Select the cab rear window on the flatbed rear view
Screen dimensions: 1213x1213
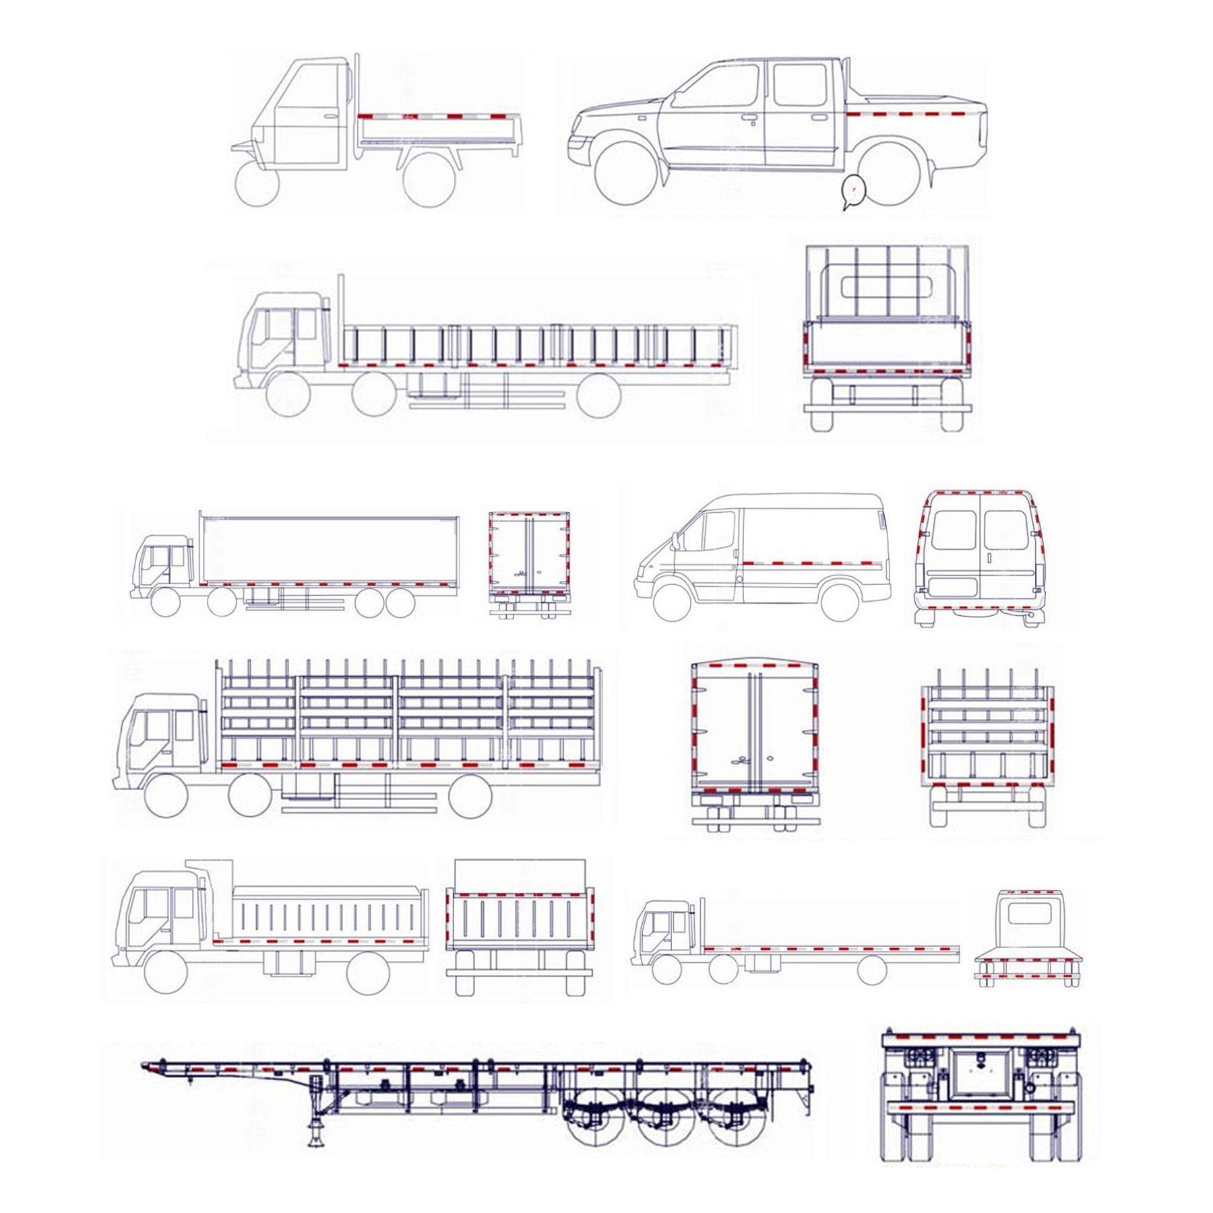coord(1028,914)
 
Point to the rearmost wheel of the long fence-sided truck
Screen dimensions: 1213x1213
coord(598,394)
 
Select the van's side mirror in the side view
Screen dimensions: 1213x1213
coord(675,539)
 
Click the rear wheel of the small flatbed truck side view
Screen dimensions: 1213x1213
coord(871,969)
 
